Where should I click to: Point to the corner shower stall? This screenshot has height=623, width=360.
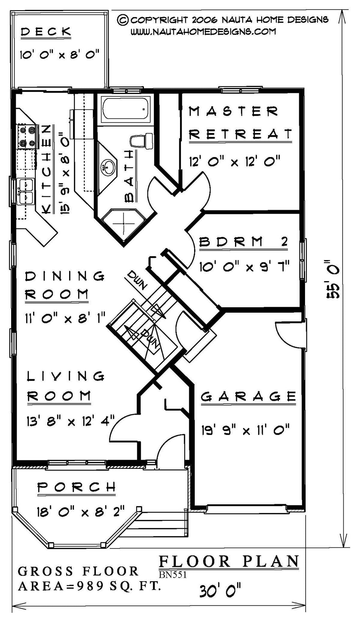[x=124, y=223]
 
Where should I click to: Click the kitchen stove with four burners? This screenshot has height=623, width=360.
[x=27, y=136]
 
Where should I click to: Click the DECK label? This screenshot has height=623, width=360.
[x=45, y=32]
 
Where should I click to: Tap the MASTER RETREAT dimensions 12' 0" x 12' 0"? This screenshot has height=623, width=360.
[x=234, y=161]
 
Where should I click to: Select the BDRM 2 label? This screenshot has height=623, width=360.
[x=243, y=242]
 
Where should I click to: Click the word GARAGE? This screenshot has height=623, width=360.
[x=248, y=397]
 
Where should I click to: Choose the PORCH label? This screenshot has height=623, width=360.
[x=77, y=487]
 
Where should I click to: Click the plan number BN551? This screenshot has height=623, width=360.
[x=173, y=575]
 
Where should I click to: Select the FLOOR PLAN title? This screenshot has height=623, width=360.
[x=229, y=561]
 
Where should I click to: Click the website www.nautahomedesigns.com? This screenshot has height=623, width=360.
[x=203, y=31]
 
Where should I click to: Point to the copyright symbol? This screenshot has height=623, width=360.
[x=123, y=20]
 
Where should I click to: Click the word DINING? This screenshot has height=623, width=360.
[x=65, y=276]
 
